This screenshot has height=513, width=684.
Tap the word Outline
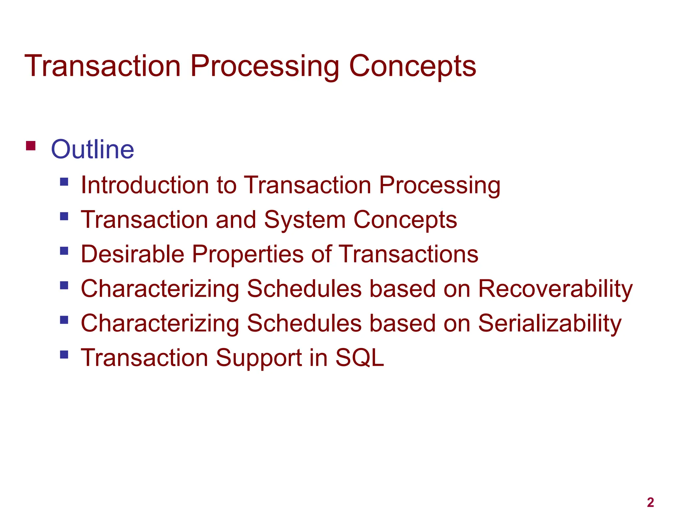click(93, 149)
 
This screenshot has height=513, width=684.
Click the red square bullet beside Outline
click(31, 146)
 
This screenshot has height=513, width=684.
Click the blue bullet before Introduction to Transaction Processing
click(64, 182)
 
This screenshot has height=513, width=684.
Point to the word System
click(305, 220)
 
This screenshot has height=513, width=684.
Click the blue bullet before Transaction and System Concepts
click(64, 216)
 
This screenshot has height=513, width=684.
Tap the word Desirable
click(132, 254)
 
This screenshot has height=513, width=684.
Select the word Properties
click(247, 255)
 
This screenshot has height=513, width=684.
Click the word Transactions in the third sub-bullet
click(409, 254)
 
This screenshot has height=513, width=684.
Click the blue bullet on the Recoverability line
click(64, 285)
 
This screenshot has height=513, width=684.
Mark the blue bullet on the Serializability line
click(64, 320)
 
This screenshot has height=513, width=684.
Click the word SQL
click(359, 358)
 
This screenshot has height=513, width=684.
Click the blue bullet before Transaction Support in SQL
click(64, 354)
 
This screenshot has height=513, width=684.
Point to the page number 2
click(650, 502)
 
